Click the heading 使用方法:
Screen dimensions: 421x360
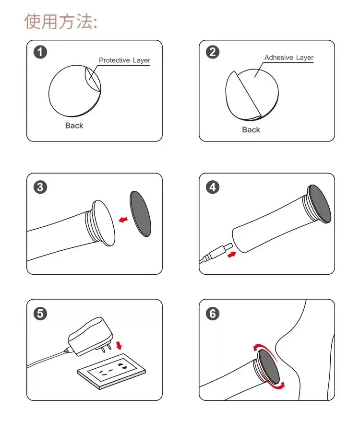[61, 22]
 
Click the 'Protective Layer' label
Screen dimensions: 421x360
[124, 60]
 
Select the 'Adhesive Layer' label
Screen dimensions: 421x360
[289, 58]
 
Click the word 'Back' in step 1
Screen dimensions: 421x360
[74, 126]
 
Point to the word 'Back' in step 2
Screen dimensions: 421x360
[251, 130]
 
